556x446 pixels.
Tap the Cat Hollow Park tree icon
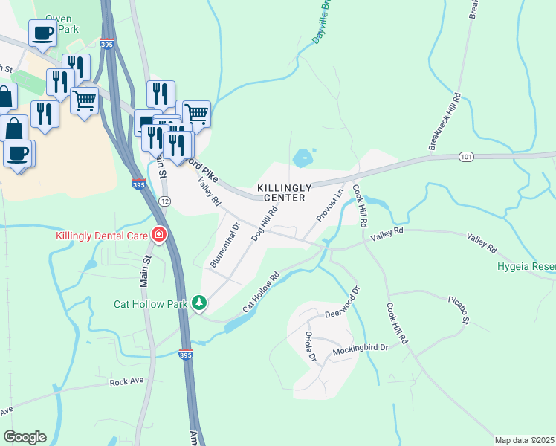coord(198,303)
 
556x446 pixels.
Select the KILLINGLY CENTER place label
coord(281,193)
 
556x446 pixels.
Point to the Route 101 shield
coord(466,157)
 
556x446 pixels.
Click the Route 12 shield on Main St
coord(164,201)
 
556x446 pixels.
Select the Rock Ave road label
coord(126,381)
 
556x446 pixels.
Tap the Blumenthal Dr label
coord(225,245)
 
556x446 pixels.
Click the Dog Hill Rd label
coord(263,222)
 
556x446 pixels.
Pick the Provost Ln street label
coord(329,203)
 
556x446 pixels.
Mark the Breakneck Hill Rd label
coord(445,121)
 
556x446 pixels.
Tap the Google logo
coord(25,437)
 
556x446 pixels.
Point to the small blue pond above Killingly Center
coord(303,158)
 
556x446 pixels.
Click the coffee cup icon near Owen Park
coord(42,32)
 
